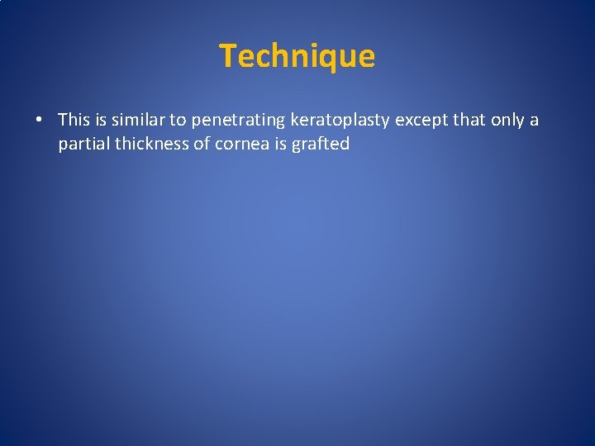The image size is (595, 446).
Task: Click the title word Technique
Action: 297,56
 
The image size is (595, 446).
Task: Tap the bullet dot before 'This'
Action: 40,121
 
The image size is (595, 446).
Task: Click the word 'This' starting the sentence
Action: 73,120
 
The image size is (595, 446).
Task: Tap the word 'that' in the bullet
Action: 469,120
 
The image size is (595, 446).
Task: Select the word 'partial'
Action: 83,145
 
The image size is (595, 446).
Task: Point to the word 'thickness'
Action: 149,144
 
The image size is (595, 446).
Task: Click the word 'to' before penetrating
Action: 178,121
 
